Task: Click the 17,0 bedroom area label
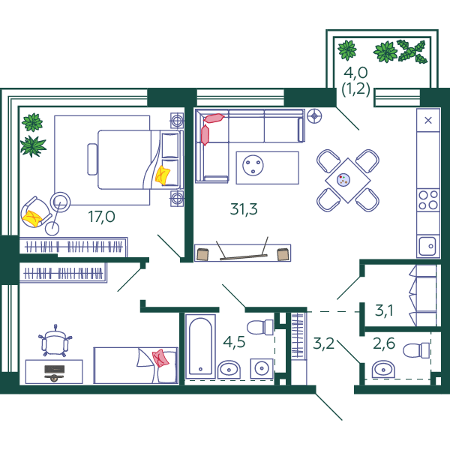(x=101, y=217)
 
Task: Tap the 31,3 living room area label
(x=244, y=209)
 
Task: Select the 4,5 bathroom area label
(x=234, y=342)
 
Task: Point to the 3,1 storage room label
(x=384, y=310)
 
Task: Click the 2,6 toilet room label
(x=384, y=343)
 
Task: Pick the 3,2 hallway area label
(x=324, y=343)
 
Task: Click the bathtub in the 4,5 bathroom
(x=200, y=346)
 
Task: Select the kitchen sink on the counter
(x=428, y=246)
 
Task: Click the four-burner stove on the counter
(x=428, y=200)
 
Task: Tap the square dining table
(x=348, y=181)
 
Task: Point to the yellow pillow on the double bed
(x=163, y=175)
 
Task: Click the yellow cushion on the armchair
(x=32, y=218)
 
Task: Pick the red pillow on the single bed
(x=160, y=358)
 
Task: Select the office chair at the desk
(x=55, y=341)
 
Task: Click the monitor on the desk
(x=54, y=372)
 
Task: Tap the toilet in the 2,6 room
(x=416, y=350)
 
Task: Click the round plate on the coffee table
(x=253, y=165)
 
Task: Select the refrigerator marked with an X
(x=428, y=120)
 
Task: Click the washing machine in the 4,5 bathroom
(x=262, y=368)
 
